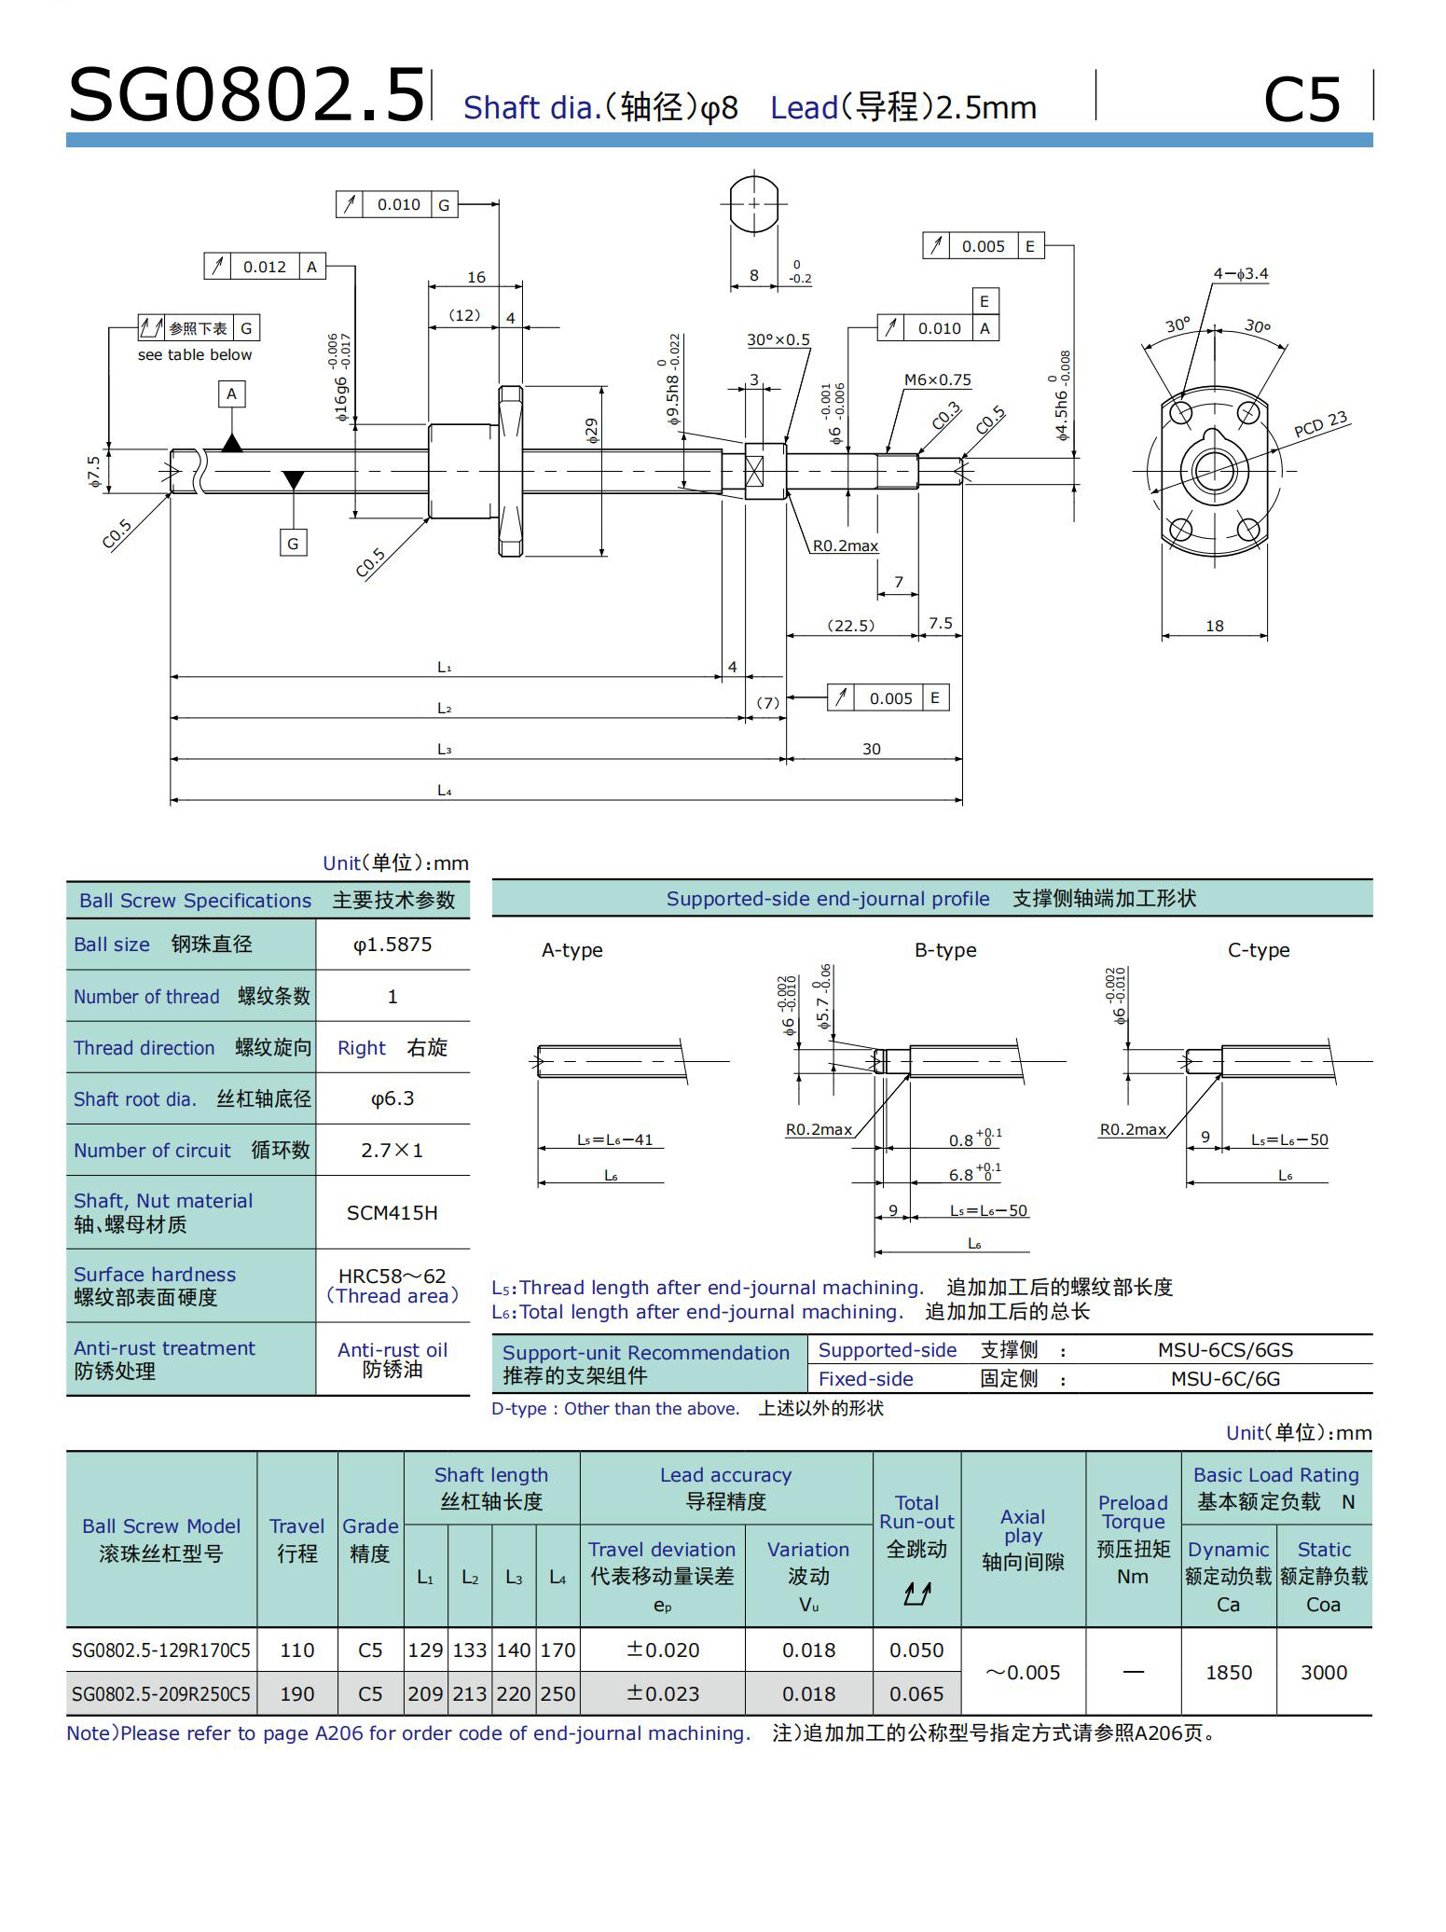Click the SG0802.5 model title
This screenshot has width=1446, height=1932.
point(246,95)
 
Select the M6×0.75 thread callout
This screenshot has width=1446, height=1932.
point(937,379)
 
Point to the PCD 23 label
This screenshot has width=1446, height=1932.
point(1320,425)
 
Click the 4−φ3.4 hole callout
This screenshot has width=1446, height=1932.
point(1240,273)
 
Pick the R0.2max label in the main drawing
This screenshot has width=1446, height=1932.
point(845,545)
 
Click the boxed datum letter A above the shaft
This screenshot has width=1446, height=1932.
point(231,393)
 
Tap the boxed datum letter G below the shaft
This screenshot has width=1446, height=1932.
point(293,543)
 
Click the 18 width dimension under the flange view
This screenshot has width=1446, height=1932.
point(1214,626)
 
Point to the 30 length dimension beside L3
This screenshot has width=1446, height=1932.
point(871,749)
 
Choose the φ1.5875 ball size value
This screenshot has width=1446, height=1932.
point(392,945)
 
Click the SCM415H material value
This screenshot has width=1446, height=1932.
point(392,1212)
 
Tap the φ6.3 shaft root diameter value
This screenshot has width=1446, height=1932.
point(392,1098)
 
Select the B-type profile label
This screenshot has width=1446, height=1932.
point(945,950)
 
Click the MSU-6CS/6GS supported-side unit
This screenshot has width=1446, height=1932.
point(1225,1349)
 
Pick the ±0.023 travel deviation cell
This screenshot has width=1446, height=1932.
point(662,1693)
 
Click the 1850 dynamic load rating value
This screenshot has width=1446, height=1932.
point(1228,1672)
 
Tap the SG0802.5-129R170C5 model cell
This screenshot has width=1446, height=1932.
point(161,1650)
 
